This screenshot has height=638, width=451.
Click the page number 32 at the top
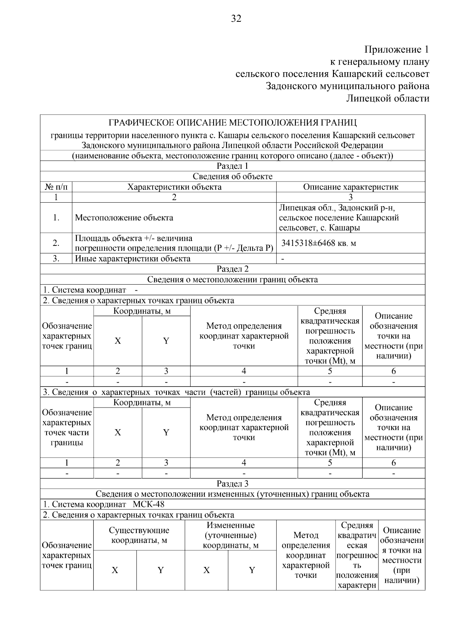236,18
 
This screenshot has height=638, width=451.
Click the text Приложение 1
397,50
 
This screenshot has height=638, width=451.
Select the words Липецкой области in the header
387,99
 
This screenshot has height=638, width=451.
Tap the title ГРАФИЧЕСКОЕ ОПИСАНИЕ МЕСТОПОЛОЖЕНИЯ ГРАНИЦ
232,123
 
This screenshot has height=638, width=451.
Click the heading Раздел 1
232,166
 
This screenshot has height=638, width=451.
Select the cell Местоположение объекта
124,218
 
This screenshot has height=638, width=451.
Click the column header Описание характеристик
350,187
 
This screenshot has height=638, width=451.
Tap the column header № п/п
56,187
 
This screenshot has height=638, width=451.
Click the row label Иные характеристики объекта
133,259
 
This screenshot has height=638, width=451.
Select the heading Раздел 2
232,269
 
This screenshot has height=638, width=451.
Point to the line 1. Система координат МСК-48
104,504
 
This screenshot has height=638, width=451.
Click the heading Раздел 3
232,483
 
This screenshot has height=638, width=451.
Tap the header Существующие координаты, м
139,535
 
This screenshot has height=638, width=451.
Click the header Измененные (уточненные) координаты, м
230,535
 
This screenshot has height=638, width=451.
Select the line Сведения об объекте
232,176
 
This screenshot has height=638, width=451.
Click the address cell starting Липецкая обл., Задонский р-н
338,218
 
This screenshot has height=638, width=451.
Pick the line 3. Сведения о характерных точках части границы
176,392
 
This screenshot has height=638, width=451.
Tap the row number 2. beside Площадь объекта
56,243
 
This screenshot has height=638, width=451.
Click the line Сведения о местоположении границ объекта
232,279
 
